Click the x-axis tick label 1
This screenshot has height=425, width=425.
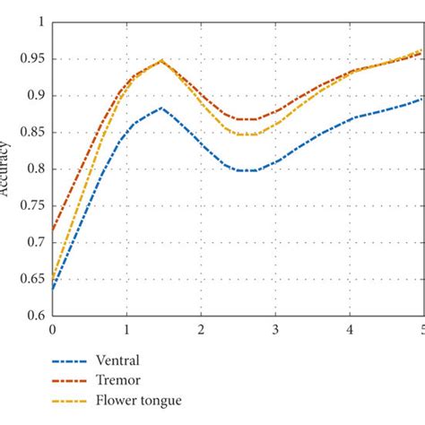[x=126, y=329]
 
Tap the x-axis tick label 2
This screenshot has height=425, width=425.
[x=201, y=329]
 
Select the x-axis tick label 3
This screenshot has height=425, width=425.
[x=274, y=329]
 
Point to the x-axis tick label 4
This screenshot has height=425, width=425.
[x=349, y=329]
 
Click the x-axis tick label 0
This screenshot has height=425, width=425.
[x=52, y=329]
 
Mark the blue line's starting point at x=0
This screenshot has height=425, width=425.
[x=53, y=289]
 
